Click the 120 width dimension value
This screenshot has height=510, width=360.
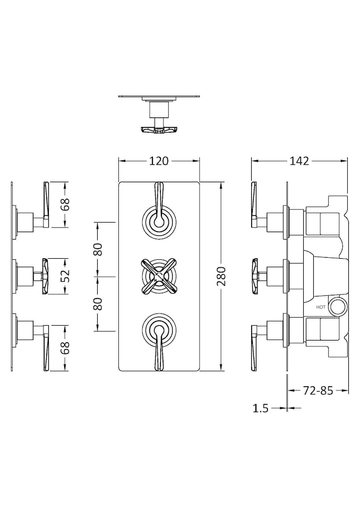(x=159, y=160)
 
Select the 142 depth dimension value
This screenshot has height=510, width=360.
(x=299, y=160)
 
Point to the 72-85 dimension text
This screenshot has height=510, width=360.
(x=318, y=391)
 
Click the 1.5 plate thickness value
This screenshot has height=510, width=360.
(x=260, y=408)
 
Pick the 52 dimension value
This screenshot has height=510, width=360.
(x=65, y=276)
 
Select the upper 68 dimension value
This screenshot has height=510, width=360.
(x=65, y=205)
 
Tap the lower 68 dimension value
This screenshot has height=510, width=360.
(x=65, y=348)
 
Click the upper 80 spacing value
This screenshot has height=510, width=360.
(x=98, y=249)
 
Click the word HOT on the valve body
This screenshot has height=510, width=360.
(x=321, y=307)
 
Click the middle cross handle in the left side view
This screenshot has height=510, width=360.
(x=45, y=275)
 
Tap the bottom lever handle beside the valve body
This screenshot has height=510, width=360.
(x=253, y=348)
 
